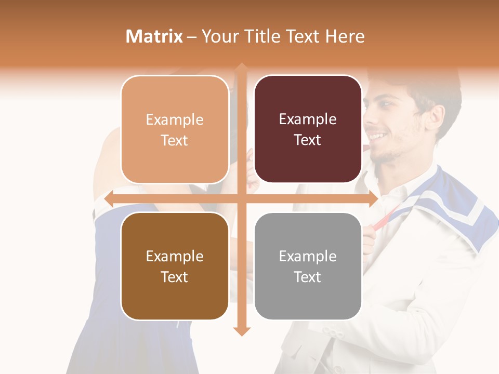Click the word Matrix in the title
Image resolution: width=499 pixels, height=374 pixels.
154,36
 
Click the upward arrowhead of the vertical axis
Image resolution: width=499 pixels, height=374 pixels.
242,67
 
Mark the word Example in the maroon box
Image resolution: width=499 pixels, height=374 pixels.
308,119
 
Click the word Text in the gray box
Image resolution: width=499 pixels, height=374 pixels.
308,277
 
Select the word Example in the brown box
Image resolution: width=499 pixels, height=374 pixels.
175,256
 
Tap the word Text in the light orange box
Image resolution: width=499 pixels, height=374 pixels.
175,140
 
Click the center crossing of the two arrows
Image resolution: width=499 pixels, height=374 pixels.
242,199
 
